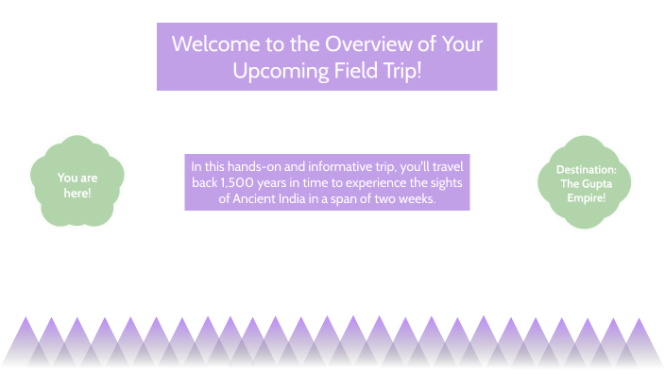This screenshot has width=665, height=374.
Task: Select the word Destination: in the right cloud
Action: point(586,170)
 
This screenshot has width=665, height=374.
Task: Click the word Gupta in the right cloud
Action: point(597,183)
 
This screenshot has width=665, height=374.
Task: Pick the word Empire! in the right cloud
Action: point(586,197)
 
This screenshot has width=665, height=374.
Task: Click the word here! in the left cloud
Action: point(77,193)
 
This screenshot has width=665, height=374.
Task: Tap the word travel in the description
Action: point(444,165)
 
